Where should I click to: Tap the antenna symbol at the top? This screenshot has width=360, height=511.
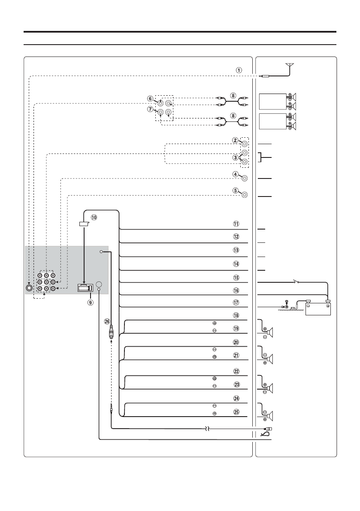(291, 66)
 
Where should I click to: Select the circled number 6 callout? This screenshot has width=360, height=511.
(149, 98)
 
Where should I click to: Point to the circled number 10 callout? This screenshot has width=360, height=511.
(94, 217)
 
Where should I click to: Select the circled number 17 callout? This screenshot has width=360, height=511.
(236, 302)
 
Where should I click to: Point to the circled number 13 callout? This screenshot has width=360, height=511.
(236, 250)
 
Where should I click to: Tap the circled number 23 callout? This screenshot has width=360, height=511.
(236, 385)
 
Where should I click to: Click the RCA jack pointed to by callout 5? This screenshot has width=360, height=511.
(245, 195)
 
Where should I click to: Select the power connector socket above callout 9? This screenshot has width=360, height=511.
(85, 288)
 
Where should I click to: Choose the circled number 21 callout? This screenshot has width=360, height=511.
(236, 356)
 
